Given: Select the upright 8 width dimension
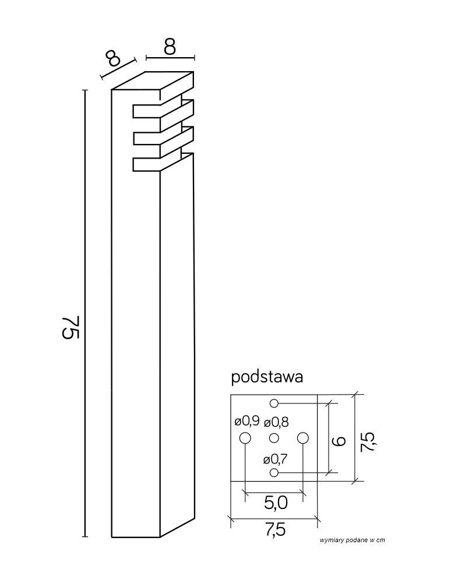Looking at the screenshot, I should pos(170,47).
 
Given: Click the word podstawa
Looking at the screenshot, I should pos(267,377).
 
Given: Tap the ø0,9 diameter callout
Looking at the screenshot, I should pos(246,421).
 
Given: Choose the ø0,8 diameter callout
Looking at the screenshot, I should pos(276,422).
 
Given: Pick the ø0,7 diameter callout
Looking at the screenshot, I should pos(274,458).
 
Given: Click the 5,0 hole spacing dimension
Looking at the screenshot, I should pos(274,503).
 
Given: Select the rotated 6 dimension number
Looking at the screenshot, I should pos(340,438).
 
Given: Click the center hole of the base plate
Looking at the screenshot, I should pos(274,438).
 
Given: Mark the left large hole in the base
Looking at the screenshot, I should pos(245,438).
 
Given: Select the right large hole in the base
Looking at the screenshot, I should pos(302,438).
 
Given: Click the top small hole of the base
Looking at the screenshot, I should pos(274,403).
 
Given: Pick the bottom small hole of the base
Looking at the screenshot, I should pos(274,472).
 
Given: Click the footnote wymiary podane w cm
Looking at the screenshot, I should pos(353,540).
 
